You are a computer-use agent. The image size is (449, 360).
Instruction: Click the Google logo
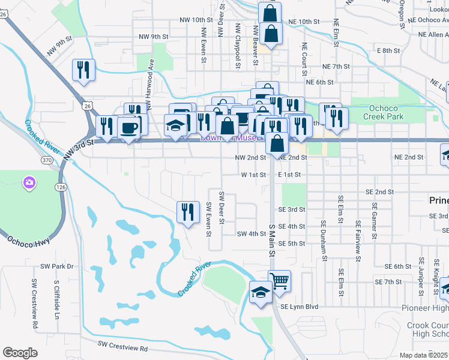coord(20,353)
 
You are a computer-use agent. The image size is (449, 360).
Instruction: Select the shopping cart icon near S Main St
coord(280,280)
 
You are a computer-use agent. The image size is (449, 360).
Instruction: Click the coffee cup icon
coord(130,127)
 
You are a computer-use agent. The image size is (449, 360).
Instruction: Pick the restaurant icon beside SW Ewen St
coord(188,212)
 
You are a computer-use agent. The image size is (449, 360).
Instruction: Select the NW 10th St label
coord(193,20)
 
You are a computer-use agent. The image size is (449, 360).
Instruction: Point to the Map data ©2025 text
coord(423,355)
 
